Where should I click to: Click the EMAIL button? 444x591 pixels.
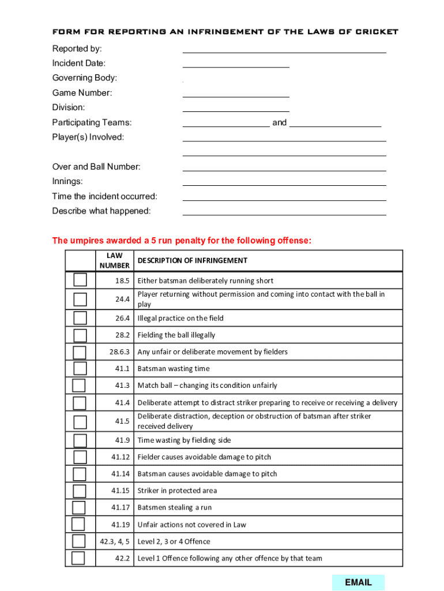tap(358, 582)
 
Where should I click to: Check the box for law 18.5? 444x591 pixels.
tap(80, 280)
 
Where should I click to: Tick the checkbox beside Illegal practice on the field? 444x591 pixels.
tap(80, 318)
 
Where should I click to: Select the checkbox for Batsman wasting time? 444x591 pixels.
tap(80, 368)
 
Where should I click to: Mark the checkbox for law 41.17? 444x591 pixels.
tap(79, 507)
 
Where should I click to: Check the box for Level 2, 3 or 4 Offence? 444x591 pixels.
tap(78, 541)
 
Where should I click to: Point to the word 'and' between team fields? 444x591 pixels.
tap(279, 122)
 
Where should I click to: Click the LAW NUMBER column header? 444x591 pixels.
tap(115, 260)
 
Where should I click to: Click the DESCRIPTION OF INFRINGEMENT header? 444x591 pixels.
tap(192, 260)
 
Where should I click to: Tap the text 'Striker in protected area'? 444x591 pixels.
tap(177, 491)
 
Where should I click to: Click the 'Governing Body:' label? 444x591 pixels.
tap(84, 78)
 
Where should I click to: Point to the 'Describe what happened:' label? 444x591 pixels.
tap(101, 211)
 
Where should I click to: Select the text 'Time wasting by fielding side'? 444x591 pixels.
tap(184, 440)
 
